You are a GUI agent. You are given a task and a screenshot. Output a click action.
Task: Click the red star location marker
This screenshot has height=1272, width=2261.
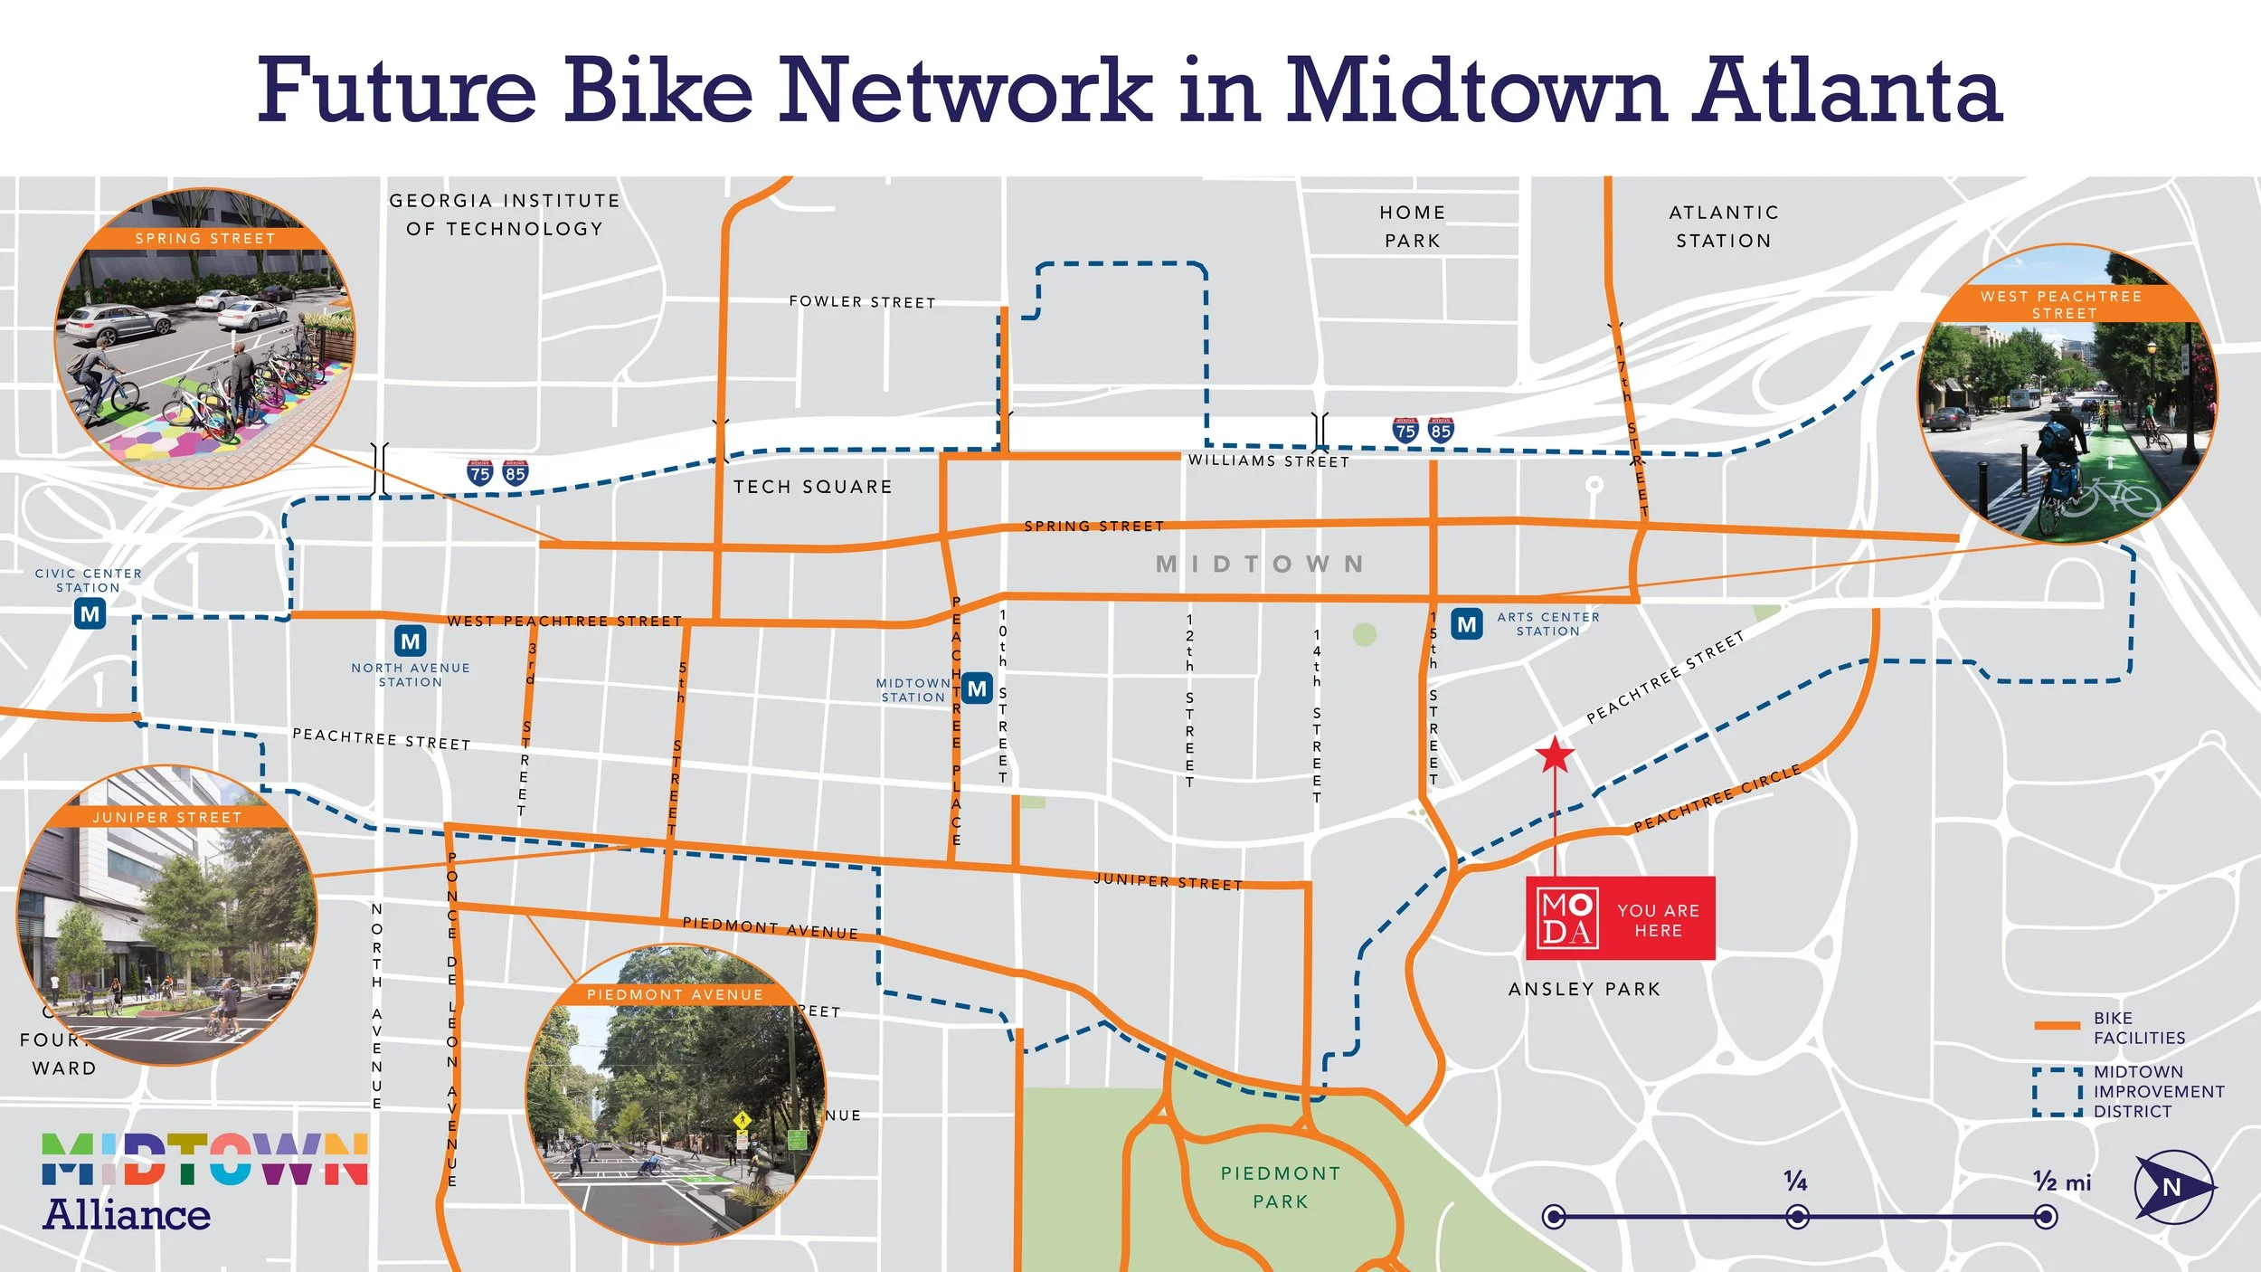click(x=1555, y=755)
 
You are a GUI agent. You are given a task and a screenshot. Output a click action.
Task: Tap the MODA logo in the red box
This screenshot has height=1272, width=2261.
click(x=1568, y=918)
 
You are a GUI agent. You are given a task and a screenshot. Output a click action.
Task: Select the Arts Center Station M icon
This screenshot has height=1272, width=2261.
click(x=1467, y=624)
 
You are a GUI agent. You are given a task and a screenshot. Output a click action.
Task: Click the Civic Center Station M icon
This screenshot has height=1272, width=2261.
click(x=90, y=614)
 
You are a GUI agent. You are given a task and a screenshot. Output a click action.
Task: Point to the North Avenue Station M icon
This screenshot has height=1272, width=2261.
click(x=411, y=641)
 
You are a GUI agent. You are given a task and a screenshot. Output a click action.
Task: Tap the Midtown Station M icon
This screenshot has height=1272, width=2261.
click(x=977, y=688)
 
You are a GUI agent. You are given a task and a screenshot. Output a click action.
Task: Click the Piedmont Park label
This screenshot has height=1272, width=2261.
click(x=1280, y=1187)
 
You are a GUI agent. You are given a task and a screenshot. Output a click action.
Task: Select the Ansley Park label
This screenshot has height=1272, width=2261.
click(x=1585, y=989)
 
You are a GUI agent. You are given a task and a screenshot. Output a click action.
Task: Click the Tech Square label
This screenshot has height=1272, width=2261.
click(x=812, y=487)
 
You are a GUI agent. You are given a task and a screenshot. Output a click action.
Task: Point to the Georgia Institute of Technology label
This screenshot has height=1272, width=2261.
click(x=505, y=214)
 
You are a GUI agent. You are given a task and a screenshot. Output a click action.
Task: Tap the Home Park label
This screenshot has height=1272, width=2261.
click(x=1412, y=226)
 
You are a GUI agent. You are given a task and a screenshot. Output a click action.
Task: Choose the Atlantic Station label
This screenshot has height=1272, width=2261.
click(x=1724, y=226)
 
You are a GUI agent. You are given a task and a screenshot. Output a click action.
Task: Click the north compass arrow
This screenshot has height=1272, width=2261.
click(x=2173, y=1186)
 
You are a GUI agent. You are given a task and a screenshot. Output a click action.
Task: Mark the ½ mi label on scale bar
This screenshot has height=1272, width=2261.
click(x=2062, y=1182)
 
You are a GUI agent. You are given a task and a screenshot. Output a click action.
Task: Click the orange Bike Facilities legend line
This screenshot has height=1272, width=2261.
click(x=2057, y=1026)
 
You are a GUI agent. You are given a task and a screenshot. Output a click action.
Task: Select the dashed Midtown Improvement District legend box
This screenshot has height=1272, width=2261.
click(x=2058, y=1092)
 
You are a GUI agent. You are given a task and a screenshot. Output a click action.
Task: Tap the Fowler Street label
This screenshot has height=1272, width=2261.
click(x=862, y=301)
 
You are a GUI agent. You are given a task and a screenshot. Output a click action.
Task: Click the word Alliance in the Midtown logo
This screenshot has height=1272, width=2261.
click(x=127, y=1214)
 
